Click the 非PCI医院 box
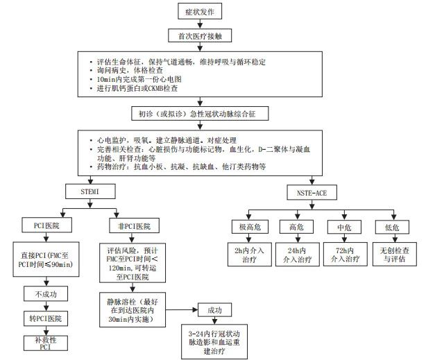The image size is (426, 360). pos(134,226)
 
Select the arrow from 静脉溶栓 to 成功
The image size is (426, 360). pos(181,309)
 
